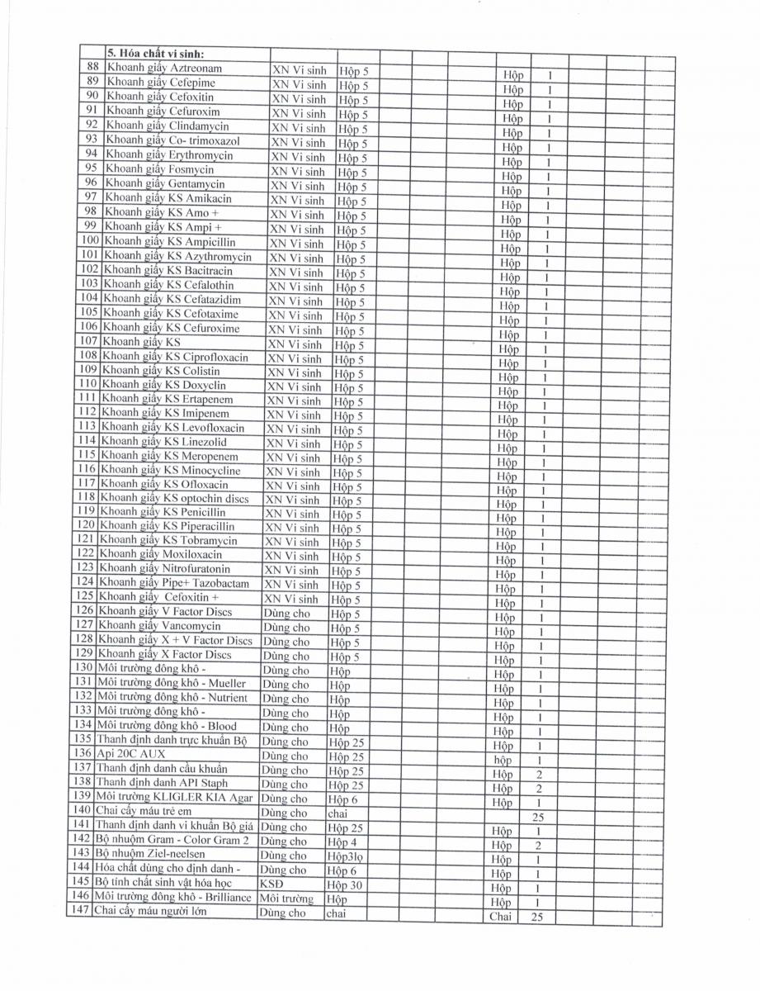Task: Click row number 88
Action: (x=92, y=69)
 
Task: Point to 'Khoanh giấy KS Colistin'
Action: (x=164, y=371)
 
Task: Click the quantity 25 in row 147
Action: (x=536, y=916)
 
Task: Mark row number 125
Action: (x=86, y=598)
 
